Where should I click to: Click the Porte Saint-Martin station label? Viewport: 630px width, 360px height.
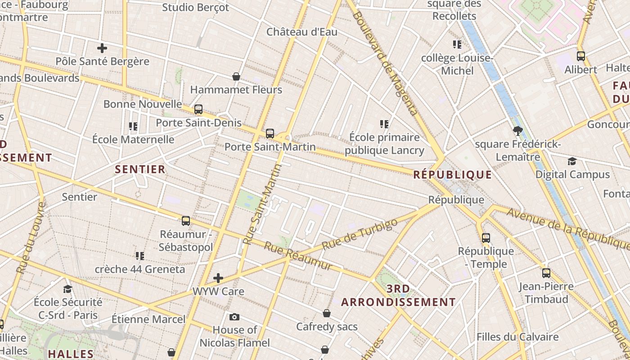(x=270, y=147)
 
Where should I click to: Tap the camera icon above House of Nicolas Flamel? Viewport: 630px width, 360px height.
(x=234, y=317)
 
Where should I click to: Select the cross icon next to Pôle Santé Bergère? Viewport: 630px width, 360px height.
(x=102, y=48)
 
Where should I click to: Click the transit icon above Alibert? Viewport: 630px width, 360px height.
(x=581, y=56)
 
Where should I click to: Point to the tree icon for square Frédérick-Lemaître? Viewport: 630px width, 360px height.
(x=517, y=131)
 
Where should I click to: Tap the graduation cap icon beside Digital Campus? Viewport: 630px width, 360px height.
(x=572, y=161)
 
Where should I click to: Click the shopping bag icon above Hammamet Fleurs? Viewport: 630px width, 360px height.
(x=236, y=76)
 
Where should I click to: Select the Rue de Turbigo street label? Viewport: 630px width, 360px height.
(x=360, y=234)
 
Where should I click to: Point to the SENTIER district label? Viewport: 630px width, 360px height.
(x=140, y=170)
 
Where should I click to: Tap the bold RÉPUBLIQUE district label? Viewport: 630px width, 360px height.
(x=453, y=175)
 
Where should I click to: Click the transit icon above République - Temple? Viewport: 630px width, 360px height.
(x=486, y=238)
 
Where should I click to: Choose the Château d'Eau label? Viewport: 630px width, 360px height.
(x=302, y=32)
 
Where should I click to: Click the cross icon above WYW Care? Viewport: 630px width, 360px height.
(x=218, y=278)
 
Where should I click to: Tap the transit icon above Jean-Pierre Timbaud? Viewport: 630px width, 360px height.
(x=546, y=273)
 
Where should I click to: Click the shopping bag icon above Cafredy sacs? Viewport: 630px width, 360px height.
(x=327, y=313)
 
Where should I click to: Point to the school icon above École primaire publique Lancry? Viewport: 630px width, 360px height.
(x=384, y=124)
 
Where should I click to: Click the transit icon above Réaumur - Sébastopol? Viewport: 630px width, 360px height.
(x=186, y=221)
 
